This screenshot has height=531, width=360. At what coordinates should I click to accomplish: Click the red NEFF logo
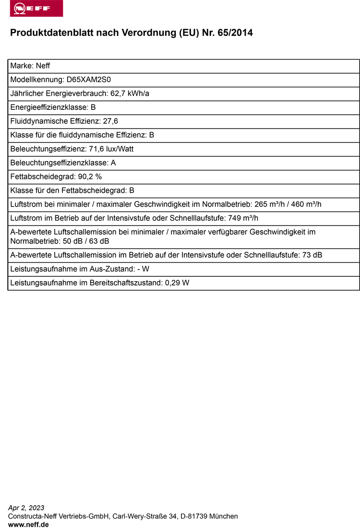coord(36,9)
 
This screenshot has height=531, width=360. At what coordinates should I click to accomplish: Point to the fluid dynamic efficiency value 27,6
coord(110,121)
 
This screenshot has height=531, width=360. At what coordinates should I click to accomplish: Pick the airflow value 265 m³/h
coord(270,205)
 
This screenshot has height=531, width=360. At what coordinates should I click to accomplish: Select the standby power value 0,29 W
coord(177,283)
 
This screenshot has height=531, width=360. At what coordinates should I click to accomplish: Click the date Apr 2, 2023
coord(26,508)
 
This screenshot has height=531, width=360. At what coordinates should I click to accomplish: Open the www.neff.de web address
coord(28,525)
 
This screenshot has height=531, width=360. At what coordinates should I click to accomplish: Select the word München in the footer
coord(224,517)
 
